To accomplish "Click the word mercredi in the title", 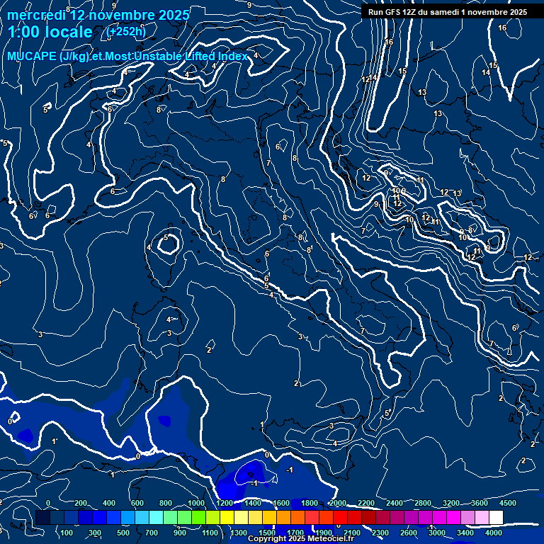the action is tap(35, 15).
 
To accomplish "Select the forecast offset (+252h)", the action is tap(126, 31).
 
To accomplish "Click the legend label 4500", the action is tap(508, 503).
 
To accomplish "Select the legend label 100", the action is tap(67, 533).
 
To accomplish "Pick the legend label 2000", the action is tap(337, 503).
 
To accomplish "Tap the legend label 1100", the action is tap(210, 533).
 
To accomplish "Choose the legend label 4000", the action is tap(494, 533).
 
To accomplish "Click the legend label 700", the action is tap(152, 533).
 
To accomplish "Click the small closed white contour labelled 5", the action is tap(168, 244).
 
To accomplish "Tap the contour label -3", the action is tap(331, 426).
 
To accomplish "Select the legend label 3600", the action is tap(480, 503).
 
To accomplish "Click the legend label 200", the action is tap(81, 503).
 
